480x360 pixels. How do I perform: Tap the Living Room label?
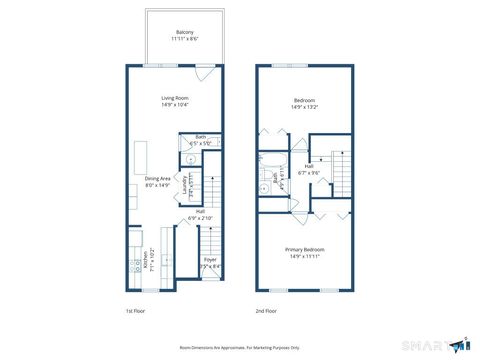[x=176, y=98]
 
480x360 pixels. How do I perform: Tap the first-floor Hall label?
[x=200, y=211]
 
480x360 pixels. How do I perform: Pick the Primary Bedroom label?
[x=304, y=249]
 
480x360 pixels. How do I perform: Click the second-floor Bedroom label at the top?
[x=305, y=101]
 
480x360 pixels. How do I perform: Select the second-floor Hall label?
[x=308, y=166]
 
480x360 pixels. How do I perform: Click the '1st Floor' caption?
[x=137, y=310]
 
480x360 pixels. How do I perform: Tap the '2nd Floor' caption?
[x=266, y=310]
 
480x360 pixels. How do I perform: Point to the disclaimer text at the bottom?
[x=239, y=346]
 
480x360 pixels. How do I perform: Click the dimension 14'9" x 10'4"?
[x=176, y=105]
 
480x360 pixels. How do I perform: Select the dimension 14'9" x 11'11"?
[x=304, y=256]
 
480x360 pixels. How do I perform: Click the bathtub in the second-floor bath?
[x=267, y=181]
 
